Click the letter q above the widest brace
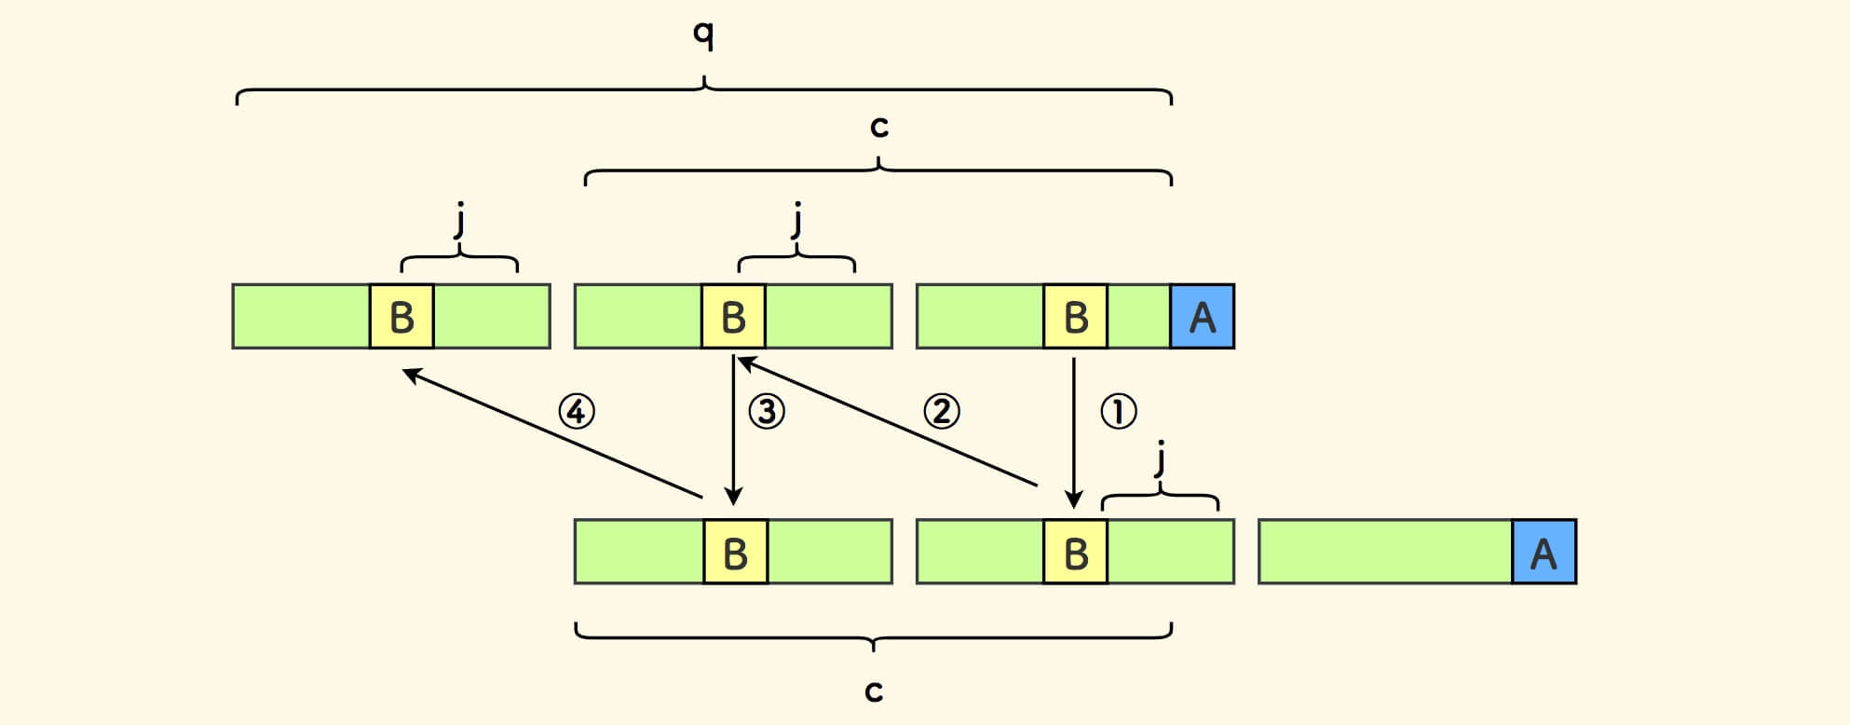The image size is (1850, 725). click(704, 35)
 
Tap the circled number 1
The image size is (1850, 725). click(1119, 411)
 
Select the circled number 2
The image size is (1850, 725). click(941, 411)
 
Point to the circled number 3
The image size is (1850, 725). click(767, 411)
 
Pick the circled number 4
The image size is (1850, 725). click(577, 411)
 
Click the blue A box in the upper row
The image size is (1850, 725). click(1203, 317)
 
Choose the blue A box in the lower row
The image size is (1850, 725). click(1544, 553)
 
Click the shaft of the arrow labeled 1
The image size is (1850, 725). click(1074, 429)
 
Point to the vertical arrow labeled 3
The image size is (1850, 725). click(734, 429)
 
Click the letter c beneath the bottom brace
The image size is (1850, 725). click(873, 691)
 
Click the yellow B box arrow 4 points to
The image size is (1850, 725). click(401, 317)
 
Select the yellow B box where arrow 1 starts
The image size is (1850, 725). click(1076, 317)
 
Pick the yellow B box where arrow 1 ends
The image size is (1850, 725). click(1076, 553)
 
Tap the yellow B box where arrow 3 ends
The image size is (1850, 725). click(735, 553)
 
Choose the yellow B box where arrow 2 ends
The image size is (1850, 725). click(733, 317)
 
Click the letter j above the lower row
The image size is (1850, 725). click(1160, 458)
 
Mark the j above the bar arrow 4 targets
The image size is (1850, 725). click(459, 222)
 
